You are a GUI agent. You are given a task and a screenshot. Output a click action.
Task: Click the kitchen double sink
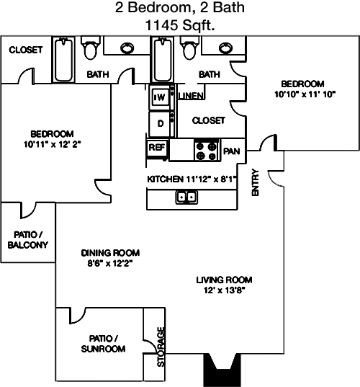point(186,197)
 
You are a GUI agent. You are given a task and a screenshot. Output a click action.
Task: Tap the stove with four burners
point(207,151)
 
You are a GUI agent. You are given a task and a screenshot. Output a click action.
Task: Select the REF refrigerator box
point(157,148)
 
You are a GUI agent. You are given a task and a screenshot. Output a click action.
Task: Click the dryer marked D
point(160,123)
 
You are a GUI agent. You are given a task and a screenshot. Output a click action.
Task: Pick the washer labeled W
point(160,97)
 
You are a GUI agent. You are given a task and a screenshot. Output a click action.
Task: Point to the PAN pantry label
point(231,151)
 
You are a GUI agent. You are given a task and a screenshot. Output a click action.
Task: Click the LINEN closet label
point(191,96)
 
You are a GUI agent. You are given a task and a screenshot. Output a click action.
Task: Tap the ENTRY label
point(255,182)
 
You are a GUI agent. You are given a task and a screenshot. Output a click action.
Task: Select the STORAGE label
point(161,347)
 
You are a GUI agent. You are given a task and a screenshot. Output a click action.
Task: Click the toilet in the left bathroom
point(91,48)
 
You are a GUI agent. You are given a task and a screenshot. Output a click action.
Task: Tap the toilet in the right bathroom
point(189,48)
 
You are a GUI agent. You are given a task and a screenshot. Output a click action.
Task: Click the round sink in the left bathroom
point(127,48)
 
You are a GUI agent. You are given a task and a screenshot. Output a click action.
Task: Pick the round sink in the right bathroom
point(225,48)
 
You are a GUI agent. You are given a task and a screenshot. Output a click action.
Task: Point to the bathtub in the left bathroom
point(63,59)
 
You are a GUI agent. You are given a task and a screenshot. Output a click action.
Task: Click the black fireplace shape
point(222,370)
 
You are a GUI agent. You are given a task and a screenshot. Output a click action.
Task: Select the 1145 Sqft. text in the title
point(180,25)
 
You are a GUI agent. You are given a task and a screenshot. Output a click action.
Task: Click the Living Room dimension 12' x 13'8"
point(225,290)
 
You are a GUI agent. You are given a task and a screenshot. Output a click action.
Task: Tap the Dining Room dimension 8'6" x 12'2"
point(110,263)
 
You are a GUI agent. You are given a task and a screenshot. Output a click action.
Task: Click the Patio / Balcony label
point(28,239)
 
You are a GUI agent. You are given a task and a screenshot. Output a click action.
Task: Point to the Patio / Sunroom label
point(103,343)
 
